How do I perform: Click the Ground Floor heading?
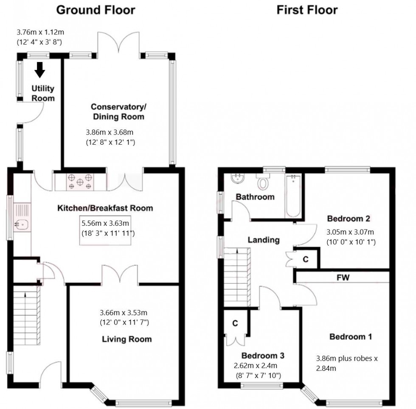96,10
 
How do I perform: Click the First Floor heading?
307,10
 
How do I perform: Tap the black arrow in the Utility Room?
40,70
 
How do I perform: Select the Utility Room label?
43,93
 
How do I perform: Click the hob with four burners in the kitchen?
80,182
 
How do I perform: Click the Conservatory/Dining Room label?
118,112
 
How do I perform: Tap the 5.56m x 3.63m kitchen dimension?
105,223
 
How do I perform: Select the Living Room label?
127,339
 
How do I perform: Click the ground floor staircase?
26,315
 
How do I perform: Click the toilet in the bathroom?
263,182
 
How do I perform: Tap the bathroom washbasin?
237,178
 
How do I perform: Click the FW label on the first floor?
343,278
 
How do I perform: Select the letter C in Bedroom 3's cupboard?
235,323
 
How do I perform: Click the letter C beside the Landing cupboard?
306,259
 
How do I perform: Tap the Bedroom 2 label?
349,219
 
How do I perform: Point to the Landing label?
264,240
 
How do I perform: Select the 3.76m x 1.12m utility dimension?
40,32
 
